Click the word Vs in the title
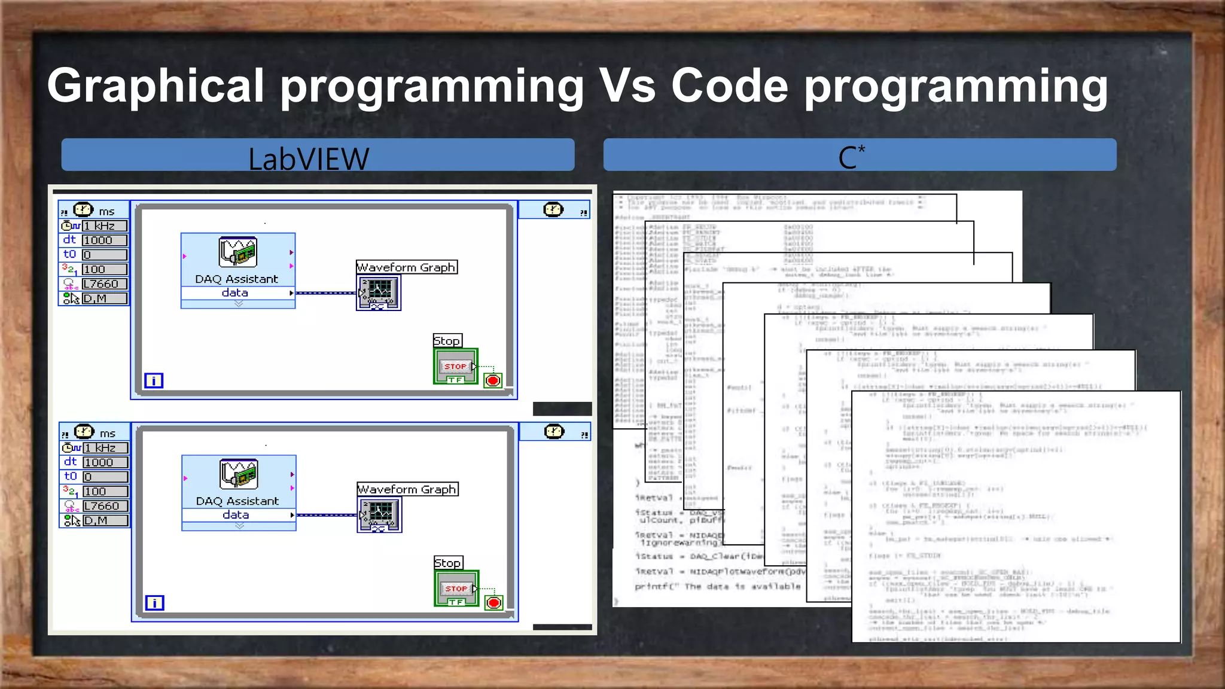coord(627,86)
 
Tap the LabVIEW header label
coord(309,158)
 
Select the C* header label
coord(851,157)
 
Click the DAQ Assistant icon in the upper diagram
coord(238,252)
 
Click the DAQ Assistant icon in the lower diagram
coord(239,474)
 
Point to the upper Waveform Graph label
coord(407,267)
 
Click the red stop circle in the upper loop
coord(493,380)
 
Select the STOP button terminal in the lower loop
coord(456,589)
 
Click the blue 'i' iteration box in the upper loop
coord(154,380)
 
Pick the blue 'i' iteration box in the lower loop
coord(154,603)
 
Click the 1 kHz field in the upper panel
coord(105,226)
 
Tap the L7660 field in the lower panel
coord(105,506)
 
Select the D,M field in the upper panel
coord(105,298)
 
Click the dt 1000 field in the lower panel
coord(105,462)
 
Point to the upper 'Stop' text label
coord(447,341)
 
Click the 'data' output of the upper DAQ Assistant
coord(235,293)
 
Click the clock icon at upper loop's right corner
coord(553,209)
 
